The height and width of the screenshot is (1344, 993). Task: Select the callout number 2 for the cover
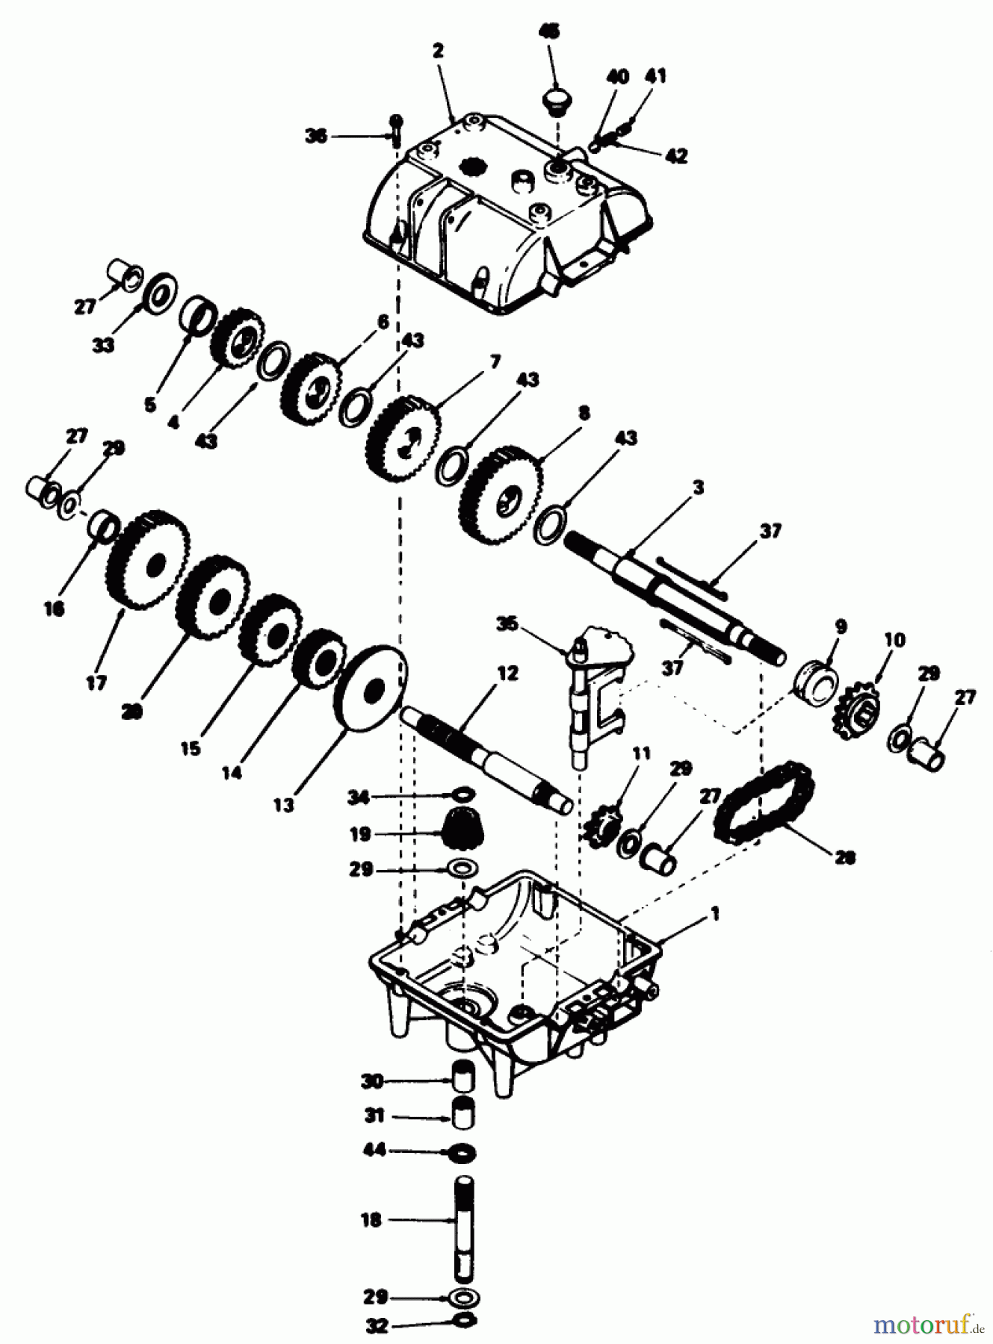click(x=438, y=52)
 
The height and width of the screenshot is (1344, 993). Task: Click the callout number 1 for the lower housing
click(x=715, y=912)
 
